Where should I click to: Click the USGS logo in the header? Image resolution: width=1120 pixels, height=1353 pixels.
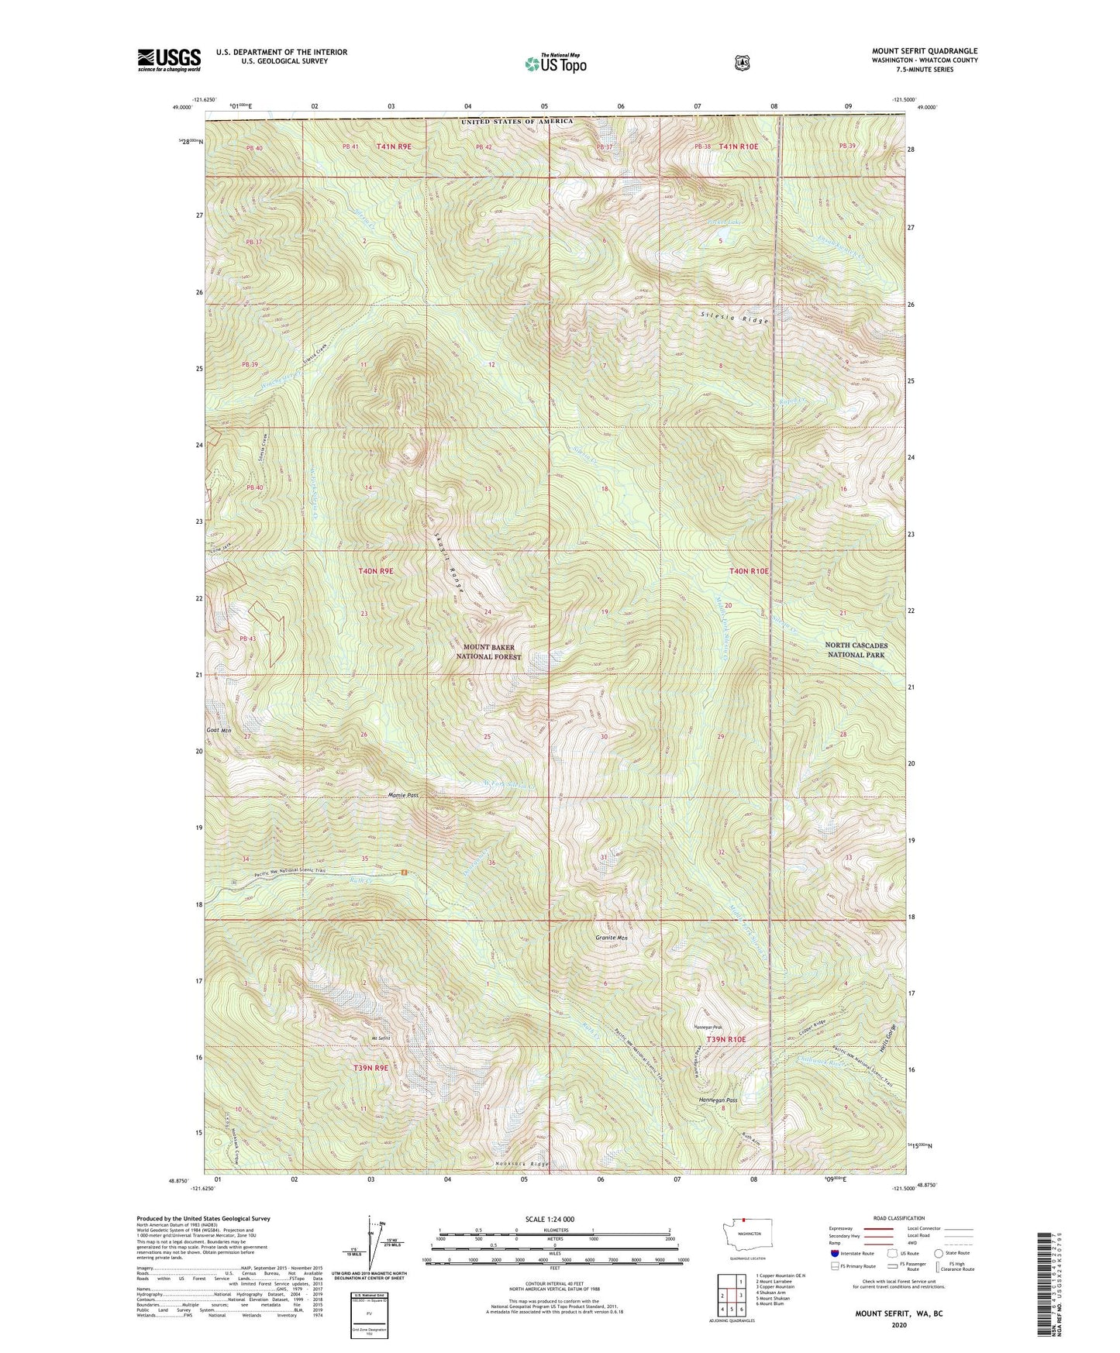pyautogui.click(x=169, y=60)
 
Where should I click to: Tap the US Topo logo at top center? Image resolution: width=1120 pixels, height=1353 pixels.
pyautogui.click(x=554, y=64)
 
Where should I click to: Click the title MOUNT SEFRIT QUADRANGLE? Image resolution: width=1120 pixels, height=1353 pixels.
pyautogui.click(x=924, y=51)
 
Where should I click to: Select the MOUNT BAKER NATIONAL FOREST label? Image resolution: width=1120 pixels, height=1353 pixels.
pyautogui.click(x=488, y=652)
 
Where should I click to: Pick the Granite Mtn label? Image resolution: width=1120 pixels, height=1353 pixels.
pyautogui.click(x=612, y=938)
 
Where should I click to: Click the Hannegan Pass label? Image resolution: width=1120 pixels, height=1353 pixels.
pyautogui.click(x=718, y=1100)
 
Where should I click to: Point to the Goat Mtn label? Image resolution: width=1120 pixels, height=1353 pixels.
pyautogui.click(x=219, y=730)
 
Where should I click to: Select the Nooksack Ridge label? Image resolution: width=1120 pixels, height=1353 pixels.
pyautogui.click(x=522, y=1164)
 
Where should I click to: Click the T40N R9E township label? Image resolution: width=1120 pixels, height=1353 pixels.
pyautogui.click(x=376, y=570)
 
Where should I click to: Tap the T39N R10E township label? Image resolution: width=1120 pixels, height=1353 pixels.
pyautogui.click(x=725, y=1039)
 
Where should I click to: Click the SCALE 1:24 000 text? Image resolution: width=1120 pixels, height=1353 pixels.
pyautogui.click(x=550, y=1219)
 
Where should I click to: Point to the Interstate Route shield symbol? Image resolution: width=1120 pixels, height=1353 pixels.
pyautogui.click(x=834, y=1253)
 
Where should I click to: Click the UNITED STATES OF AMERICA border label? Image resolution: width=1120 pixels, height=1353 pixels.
pyautogui.click(x=517, y=122)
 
